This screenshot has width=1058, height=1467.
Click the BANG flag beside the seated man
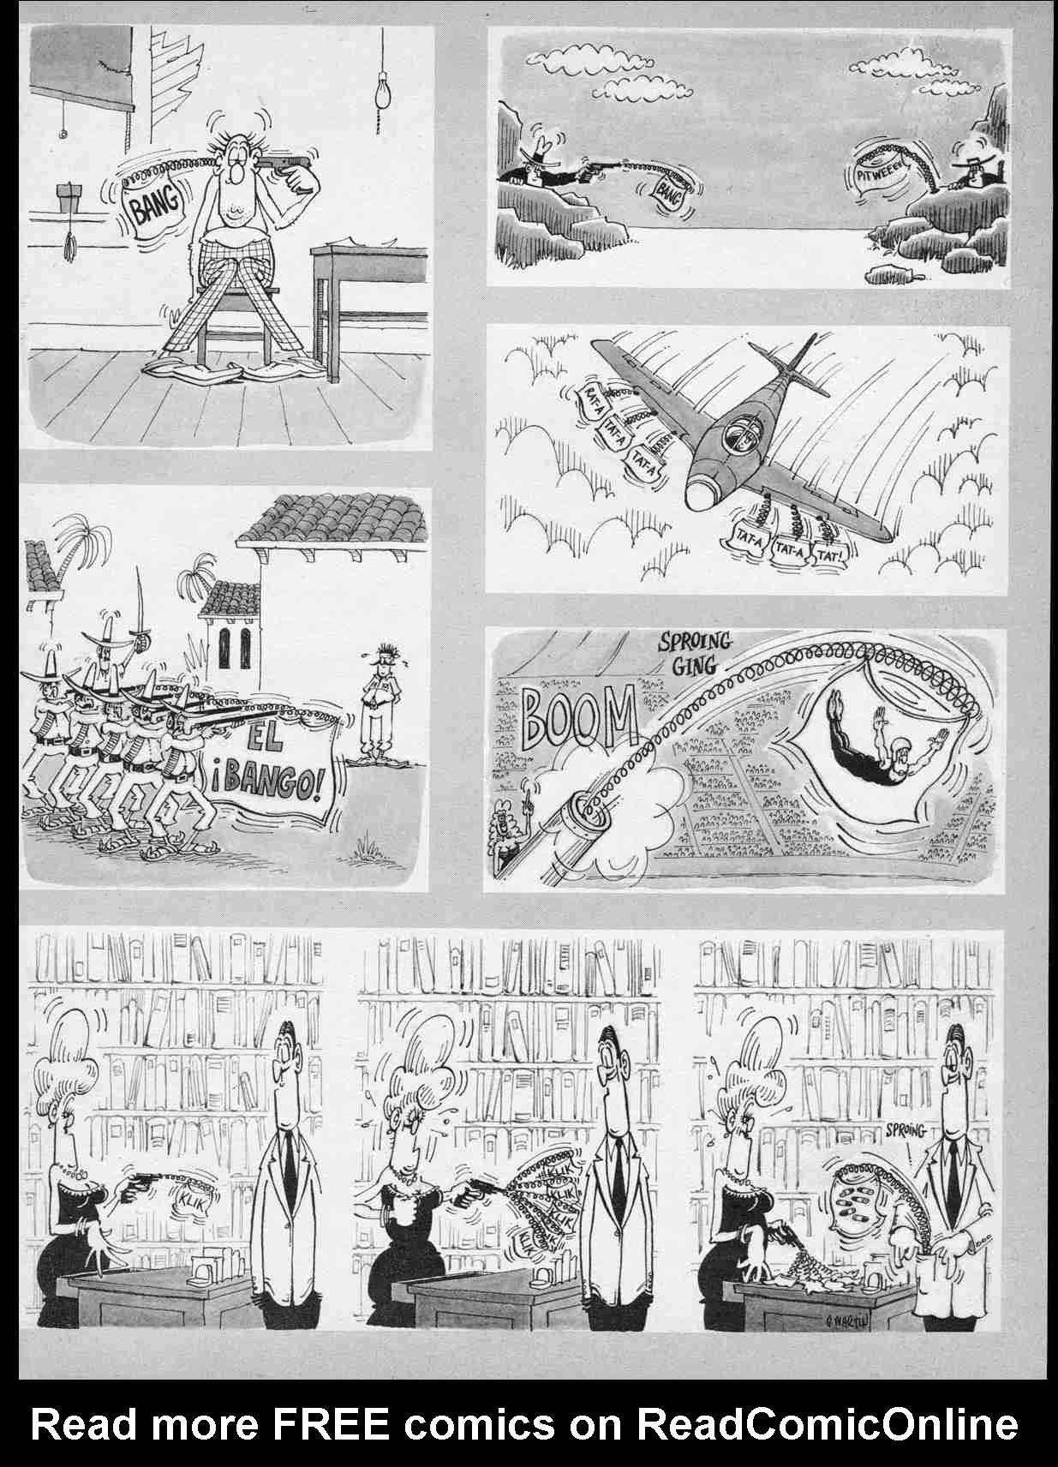pyautogui.click(x=155, y=205)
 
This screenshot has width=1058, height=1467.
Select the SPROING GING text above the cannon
pyautogui.click(x=694, y=652)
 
